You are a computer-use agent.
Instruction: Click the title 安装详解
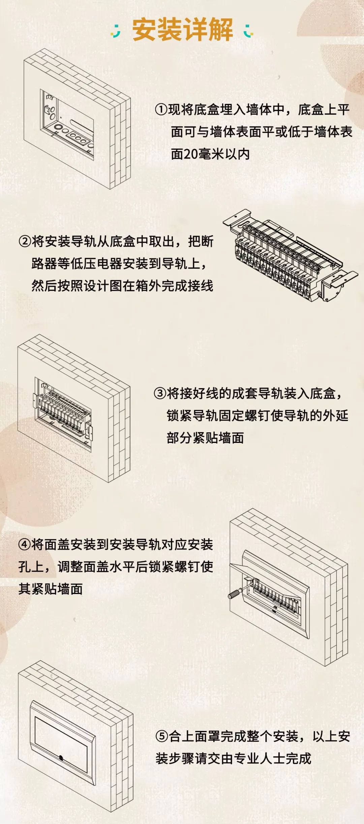(182, 30)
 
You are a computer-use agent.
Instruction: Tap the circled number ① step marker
(161, 110)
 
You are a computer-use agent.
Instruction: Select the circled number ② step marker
(25, 241)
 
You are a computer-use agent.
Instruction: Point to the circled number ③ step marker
(160, 393)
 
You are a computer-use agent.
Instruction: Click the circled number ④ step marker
(25, 544)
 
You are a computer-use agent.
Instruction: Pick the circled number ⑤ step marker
(161, 736)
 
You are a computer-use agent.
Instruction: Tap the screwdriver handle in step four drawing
(234, 593)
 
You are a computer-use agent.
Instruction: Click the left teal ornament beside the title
(116, 31)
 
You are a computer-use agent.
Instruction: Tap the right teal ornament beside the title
(248, 31)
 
